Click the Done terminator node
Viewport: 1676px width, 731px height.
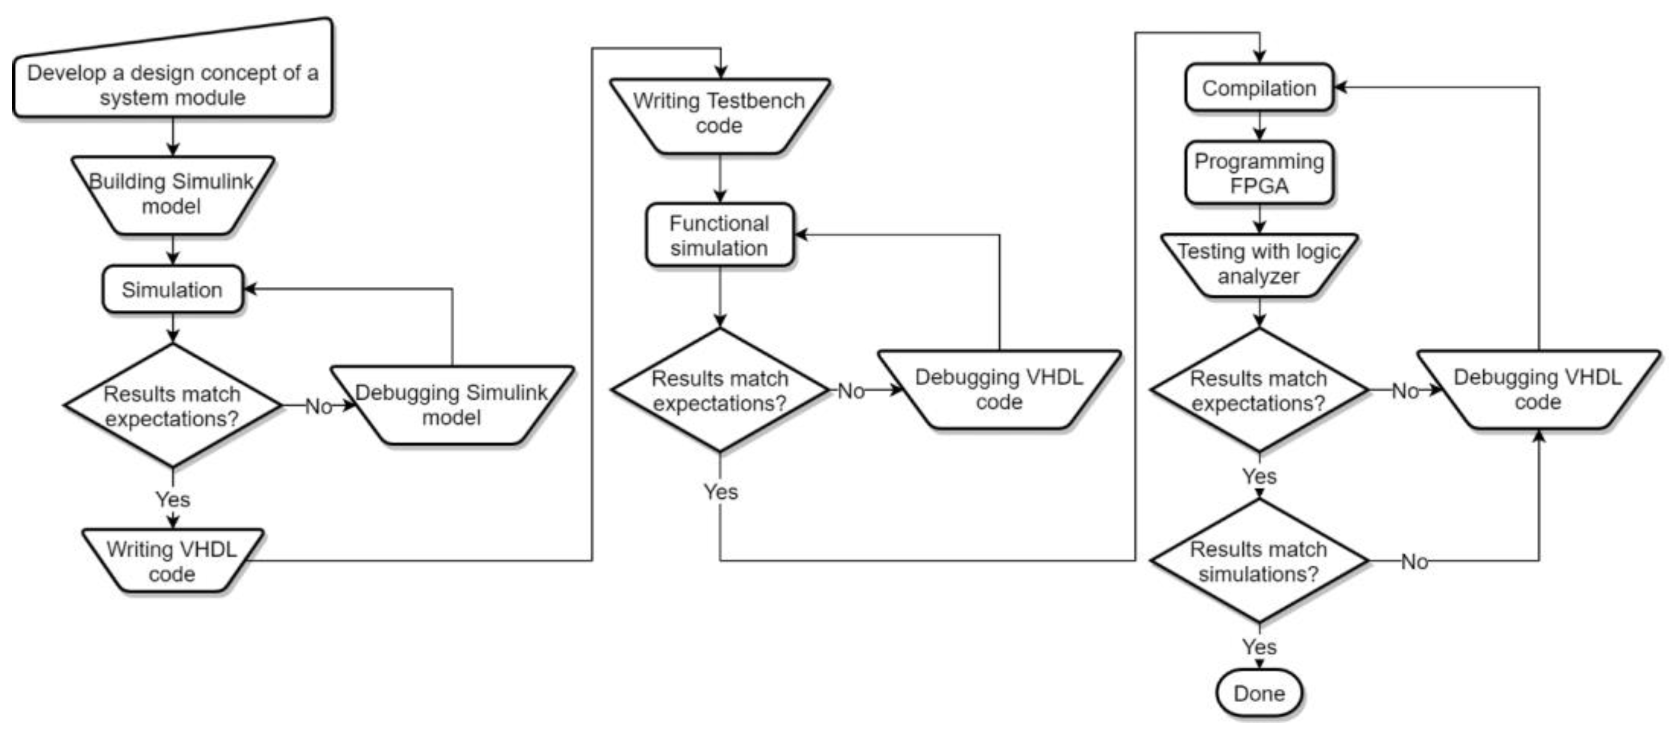click(1258, 693)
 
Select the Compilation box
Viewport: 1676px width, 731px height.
click(1258, 88)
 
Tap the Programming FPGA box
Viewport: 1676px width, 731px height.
click(1258, 173)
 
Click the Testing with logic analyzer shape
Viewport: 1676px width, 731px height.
click(1258, 264)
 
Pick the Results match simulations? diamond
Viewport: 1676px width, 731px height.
click(1258, 561)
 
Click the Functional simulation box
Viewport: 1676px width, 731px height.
click(719, 235)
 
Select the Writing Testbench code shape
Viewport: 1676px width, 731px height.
click(719, 114)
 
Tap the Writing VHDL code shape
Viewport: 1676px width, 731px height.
click(172, 561)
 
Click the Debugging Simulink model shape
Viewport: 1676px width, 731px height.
click(452, 405)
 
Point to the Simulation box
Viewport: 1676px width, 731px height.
click(172, 289)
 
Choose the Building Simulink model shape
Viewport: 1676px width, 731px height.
click(172, 194)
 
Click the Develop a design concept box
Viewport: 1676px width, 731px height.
click(172, 85)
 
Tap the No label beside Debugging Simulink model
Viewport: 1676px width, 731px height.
click(318, 407)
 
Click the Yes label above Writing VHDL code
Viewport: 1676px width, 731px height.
click(172, 499)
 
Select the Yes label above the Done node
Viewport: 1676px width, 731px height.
click(1259, 646)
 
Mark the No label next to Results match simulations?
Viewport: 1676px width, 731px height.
click(1414, 561)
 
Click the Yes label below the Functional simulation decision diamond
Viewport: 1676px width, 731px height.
click(720, 492)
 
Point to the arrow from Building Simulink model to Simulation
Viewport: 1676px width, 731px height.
click(172, 250)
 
